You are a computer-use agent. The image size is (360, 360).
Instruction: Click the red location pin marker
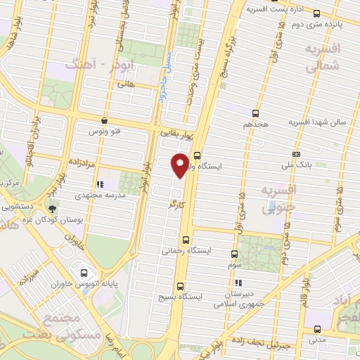tap(180, 165)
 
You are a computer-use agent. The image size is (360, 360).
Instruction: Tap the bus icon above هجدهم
tap(255, 112)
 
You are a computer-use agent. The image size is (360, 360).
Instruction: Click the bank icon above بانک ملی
tap(297, 154)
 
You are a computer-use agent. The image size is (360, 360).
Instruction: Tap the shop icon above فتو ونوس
tap(104, 120)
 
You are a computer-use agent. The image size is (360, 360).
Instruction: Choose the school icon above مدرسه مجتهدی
tap(98, 184)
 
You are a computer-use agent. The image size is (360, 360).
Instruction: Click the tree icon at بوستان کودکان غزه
tap(51, 208)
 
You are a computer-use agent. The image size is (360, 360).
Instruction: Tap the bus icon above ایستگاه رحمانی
tap(186, 239)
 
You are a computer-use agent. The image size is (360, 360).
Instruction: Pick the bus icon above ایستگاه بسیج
tap(181, 286)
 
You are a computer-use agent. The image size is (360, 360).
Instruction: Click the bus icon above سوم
tap(235, 254)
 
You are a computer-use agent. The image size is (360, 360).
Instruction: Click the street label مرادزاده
tap(82, 162)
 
